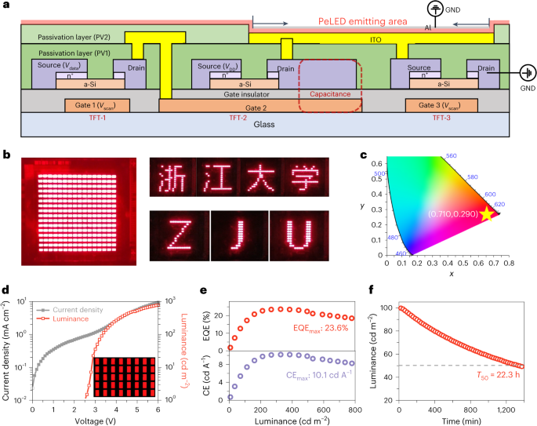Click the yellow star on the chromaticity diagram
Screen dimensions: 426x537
pyautogui.click(x=488, y=213)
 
